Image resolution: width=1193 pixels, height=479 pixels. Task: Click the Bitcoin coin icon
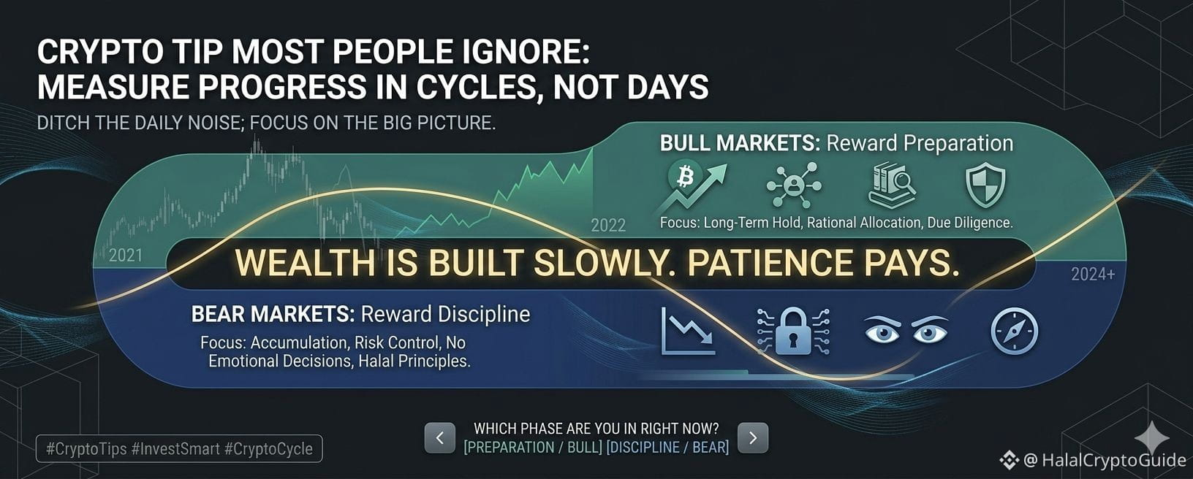point(685,177)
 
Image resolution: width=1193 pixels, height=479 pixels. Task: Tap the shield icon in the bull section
point(985,185)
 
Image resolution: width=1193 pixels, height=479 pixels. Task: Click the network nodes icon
point(794,185)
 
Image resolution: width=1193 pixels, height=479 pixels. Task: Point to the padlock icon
point(793,331)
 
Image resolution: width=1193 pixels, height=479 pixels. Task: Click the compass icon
point(1014,331)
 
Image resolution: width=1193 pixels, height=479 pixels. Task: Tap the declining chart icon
point(688,331)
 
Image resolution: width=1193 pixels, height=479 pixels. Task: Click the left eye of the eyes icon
point(882,331)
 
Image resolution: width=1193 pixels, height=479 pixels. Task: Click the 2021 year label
point(126,256)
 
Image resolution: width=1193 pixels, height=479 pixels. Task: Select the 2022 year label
point(608,226)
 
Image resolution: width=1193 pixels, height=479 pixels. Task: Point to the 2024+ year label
point(1093,274)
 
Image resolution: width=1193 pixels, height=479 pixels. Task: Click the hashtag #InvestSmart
point(175,448)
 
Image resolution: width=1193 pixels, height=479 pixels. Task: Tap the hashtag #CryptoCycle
point(268,448)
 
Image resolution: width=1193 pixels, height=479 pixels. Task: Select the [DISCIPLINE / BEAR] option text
point(668,447)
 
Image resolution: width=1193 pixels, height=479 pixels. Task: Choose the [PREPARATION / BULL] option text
point(533,447)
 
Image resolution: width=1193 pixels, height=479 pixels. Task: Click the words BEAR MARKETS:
point(273,314)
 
